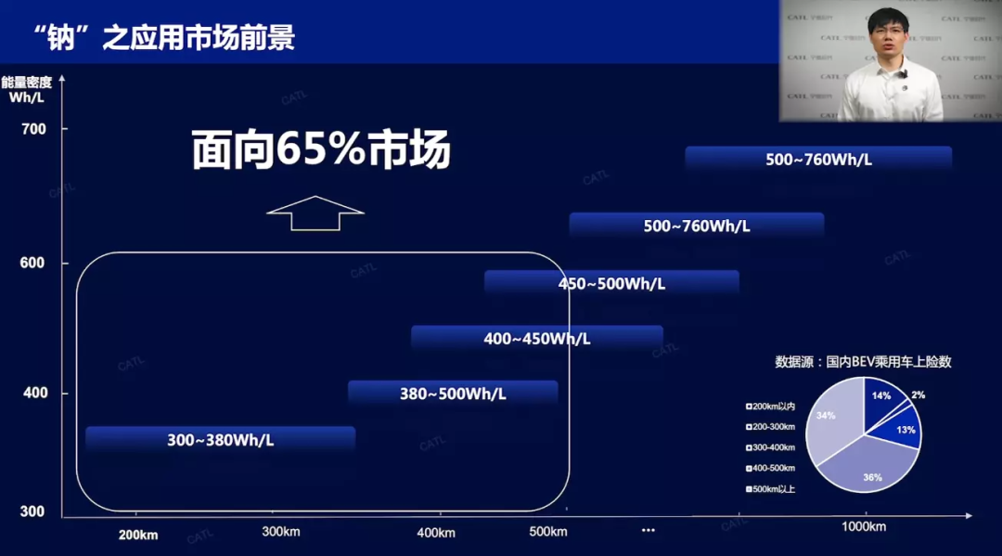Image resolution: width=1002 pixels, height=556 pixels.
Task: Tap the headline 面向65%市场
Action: click(x=321, y=150)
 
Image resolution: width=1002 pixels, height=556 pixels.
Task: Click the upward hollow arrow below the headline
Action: click(x=315, y=213)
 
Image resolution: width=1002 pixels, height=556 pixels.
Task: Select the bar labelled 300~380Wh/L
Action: click(x=221, y=440)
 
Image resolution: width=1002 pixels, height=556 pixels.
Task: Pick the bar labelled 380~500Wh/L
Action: click(x=453, y=393)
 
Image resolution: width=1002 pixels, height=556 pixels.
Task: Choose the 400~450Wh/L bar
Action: click(x=536, y=339)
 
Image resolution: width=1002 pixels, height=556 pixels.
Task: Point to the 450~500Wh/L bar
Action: click(x=611, y=283)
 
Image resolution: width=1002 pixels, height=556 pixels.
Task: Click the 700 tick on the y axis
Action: click(x=33, y=129)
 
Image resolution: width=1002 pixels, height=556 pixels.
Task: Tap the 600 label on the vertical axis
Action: click(x=33, y=264)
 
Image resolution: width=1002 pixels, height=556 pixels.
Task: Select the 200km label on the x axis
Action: click(x=138, y=535)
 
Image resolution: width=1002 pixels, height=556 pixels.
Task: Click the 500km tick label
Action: click(x=547, y=532)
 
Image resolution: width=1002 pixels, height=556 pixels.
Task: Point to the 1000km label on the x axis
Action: click(x=864, y=527)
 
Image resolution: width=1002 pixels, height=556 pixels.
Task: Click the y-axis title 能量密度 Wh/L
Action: click(x=26, y=89)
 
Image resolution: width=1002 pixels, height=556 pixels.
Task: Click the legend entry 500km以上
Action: click(x=772, y=489)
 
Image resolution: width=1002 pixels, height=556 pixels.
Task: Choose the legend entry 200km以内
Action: click(x=772, y=406)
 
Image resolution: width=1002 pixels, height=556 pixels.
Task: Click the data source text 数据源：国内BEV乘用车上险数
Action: click(x=863, y=362)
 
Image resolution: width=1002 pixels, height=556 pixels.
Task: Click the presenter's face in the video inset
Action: click(x=889, y=37)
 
